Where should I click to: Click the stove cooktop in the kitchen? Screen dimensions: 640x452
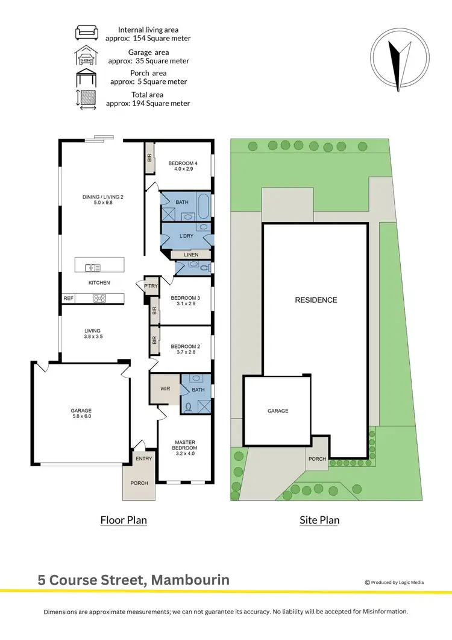(99, 298)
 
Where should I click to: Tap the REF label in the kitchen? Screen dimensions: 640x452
(68, 298)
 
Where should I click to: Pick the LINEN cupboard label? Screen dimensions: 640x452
(190, 255)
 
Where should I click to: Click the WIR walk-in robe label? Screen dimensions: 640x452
(165, 389)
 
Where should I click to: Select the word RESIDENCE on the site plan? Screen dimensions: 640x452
(316, 300)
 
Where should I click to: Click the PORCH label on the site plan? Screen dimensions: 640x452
(317, 459)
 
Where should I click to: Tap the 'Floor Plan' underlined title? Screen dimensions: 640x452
(123, 520)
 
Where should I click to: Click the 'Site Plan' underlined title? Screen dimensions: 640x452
(319, 520)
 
